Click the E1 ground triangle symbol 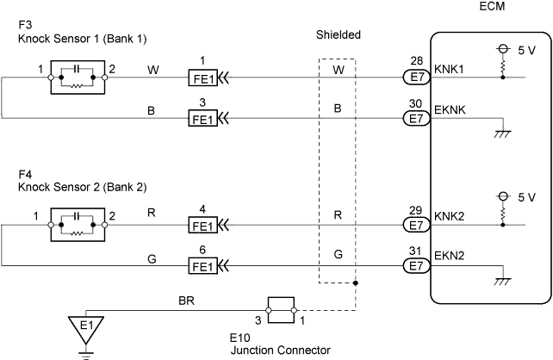pyautogui.click(x=84, y=328)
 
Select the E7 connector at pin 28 pyautogui.click(x=418, y=78)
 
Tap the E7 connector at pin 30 pyautogui.click(x=418, y=118)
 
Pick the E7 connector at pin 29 pyautogui.click(x=418, y=225)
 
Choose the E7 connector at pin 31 pyautogui.click(x=418, y=266)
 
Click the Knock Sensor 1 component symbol pyautogui.click(x=77, y=78)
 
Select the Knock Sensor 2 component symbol pyautogui.click(x=77, y=225)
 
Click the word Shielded pyautogui.click(x=338, y=35)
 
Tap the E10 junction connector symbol pyautogui.click(x=281, y=310)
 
